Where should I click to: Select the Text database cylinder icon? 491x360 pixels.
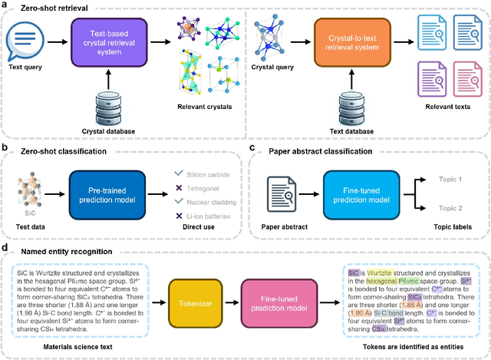pyautogui.click(x=350, y=106)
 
